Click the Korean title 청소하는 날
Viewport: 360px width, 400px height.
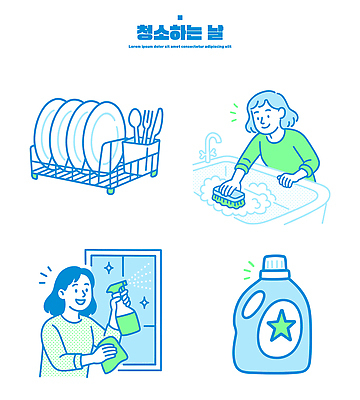click(180, 31)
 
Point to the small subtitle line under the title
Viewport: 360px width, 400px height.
click(180, 46)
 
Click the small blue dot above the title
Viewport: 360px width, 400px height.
click(180, 16)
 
